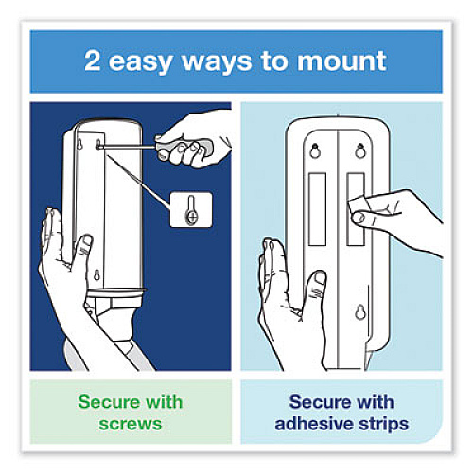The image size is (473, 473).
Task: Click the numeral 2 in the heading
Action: [x=93, y=61]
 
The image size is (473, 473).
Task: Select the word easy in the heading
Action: [x=141, y=63]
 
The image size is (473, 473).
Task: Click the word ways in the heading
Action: [x=218, y=63]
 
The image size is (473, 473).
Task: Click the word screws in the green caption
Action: [x=131, y=424]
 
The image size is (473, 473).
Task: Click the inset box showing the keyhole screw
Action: [x=191, y=210]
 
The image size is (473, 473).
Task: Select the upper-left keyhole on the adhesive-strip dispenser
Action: [x=314, y=150]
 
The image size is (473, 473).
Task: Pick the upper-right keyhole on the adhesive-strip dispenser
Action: [x=360, y=150]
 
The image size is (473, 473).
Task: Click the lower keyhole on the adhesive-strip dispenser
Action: [x=360, y=311]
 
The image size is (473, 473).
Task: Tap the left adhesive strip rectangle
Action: [x=317, y=209]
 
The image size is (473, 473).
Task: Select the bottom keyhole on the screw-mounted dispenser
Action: [x=96, y=275]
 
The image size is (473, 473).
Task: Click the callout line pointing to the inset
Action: [x=139, y=180]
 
